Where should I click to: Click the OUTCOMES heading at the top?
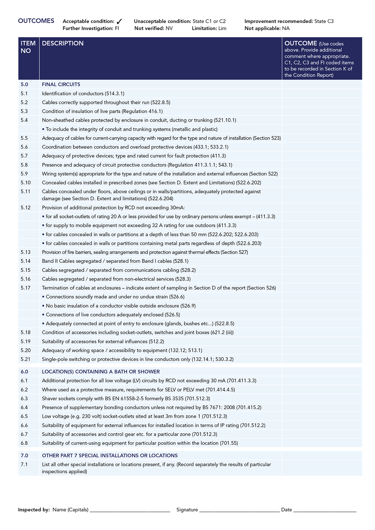36,21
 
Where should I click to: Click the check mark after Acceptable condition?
119,22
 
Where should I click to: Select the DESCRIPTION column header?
63,43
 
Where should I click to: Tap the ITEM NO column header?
28,47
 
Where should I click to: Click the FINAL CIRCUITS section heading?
61,85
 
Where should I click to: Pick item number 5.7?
24,156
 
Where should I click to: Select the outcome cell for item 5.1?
322,93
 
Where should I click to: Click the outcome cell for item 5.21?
322,359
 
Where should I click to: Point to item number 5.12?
26,207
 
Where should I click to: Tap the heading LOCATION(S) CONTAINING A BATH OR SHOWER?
101,372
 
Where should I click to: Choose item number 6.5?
24,416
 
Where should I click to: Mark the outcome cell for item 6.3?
322,399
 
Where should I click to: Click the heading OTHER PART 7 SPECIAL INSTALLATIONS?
110,456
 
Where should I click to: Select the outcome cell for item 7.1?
322,468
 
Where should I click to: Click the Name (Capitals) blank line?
130,510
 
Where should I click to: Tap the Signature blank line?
239,510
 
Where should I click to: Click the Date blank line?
325,510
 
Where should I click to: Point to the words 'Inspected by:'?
34,510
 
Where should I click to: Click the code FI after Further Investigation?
117,29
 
